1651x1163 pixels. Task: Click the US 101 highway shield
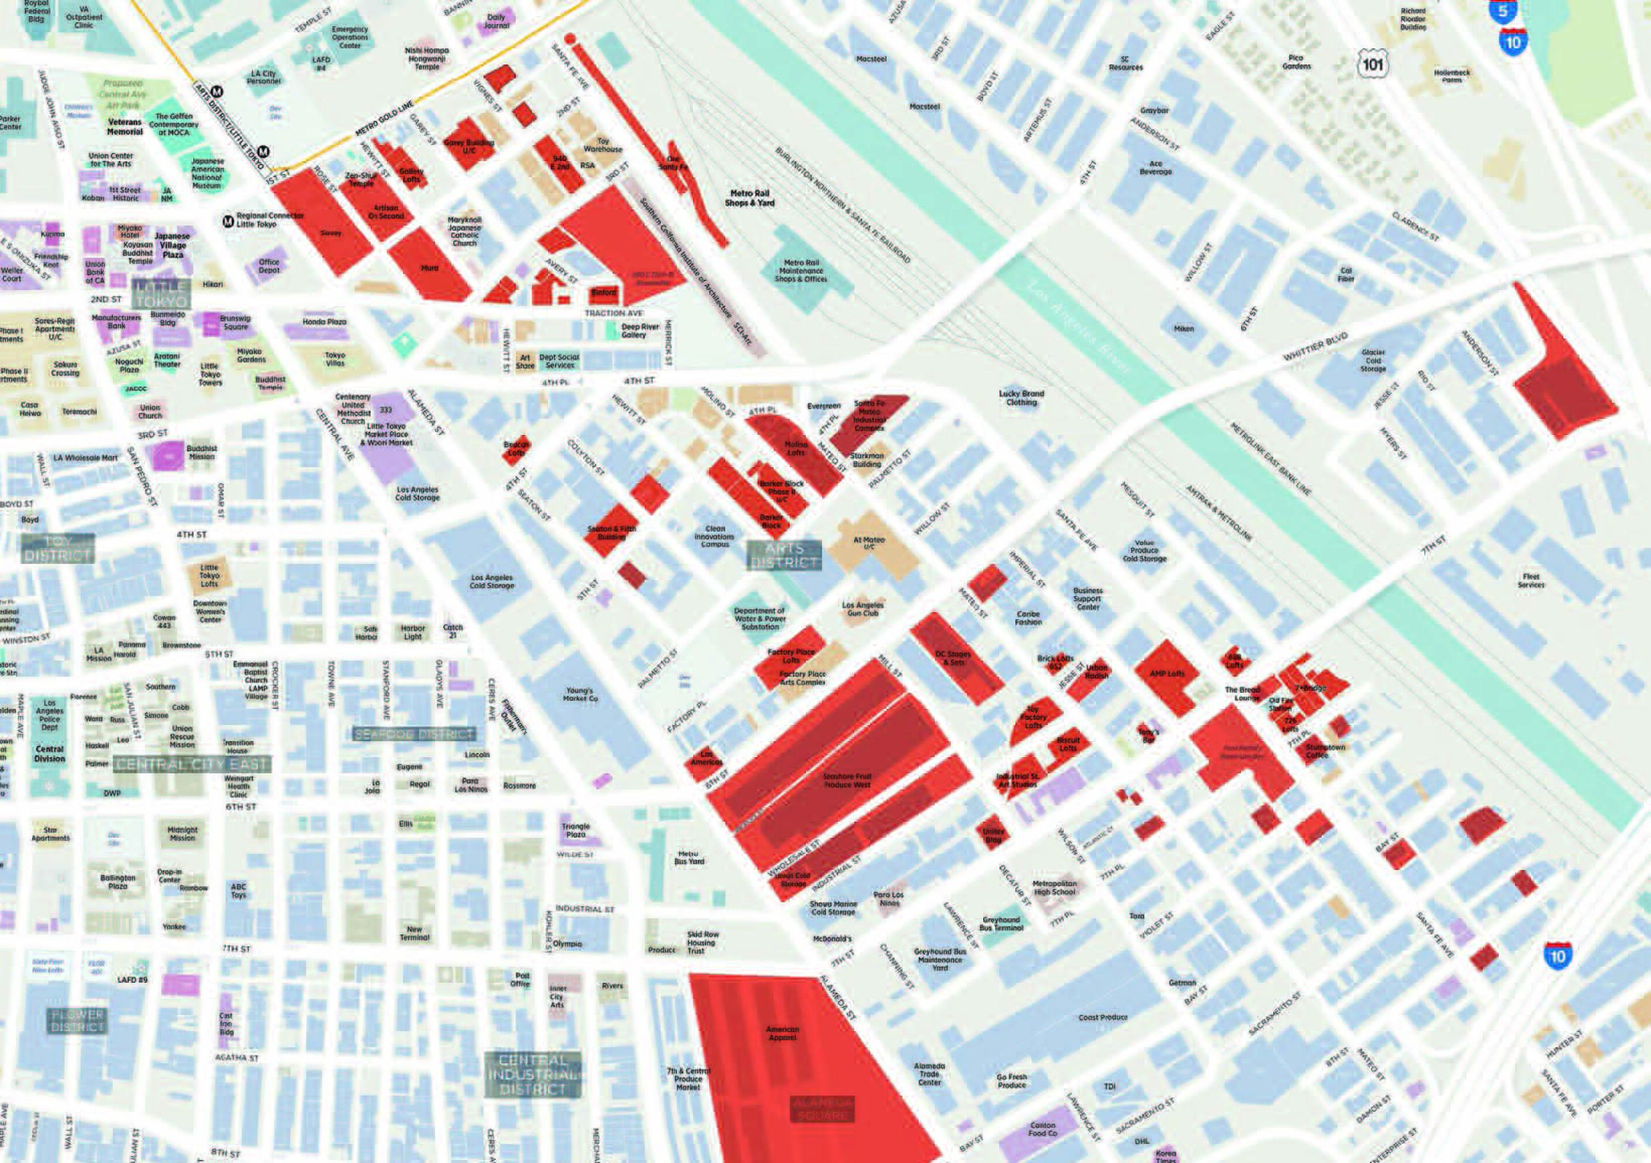point(1373,65)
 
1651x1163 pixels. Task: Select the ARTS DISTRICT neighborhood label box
point(784,556)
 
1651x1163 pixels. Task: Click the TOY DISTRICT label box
point(58,548)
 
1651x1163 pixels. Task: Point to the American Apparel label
point(782,1033)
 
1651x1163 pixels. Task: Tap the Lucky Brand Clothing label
point(1021,398)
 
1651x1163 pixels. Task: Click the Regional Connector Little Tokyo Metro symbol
point(228,220)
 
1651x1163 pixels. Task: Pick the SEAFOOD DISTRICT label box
point(415,734)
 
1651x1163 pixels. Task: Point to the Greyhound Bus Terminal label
point(1002,923)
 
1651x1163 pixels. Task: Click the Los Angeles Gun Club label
point(863,609)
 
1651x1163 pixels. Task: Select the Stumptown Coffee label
point(1325,750)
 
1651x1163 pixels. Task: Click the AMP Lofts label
point(1166,673)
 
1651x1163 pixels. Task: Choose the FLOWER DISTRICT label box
point(77,1021)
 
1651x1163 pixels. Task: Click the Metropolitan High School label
point(1054,887)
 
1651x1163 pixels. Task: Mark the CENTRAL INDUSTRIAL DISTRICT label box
point(533,1075)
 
